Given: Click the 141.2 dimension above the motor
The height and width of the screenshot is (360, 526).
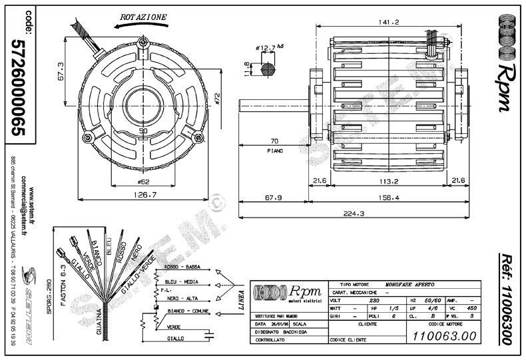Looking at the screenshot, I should [389, 22].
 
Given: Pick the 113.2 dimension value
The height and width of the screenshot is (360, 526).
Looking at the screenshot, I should [386, 180].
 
